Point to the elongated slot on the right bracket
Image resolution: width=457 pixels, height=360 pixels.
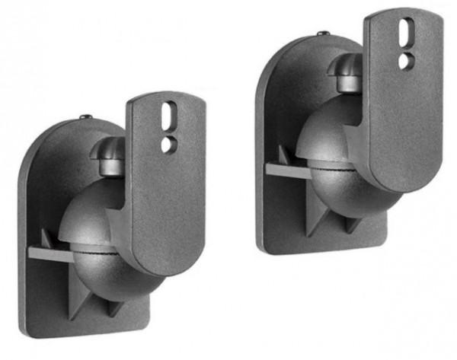point(406,34)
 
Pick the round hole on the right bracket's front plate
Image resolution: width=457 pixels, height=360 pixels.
point(406,59)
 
